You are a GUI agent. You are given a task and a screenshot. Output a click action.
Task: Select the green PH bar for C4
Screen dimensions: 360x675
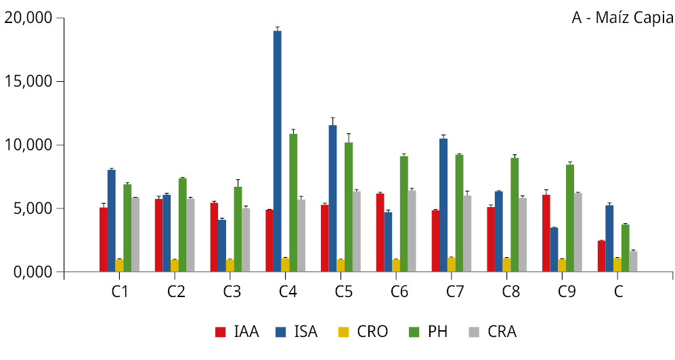click(x=293, y=202)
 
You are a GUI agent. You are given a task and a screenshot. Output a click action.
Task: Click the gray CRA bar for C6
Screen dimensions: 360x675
click(x=412, y=231)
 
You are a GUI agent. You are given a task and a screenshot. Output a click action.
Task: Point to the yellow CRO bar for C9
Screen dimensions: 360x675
click(x=562, y=265)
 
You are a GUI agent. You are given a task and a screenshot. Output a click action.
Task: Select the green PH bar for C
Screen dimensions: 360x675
click(x=625, y=248)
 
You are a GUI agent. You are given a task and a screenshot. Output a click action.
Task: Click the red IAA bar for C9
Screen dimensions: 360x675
click(x=546, y=233)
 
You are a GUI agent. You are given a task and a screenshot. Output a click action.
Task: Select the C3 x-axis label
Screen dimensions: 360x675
click(x=232, y=292)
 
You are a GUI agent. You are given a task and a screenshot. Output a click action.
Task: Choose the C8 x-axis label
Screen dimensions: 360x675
click(x=511, y=292)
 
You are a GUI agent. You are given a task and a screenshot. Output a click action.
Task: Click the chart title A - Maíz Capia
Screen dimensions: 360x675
click(x=622, y=18)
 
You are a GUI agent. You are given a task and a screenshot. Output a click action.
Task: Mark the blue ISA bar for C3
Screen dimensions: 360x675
click(x=222, y=245)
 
